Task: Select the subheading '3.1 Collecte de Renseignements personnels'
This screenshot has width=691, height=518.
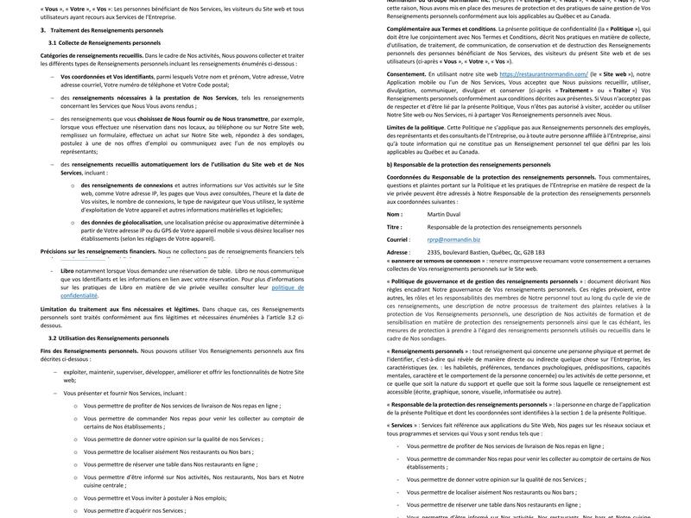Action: [104, 42]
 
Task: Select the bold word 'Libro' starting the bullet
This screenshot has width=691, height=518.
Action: [67, 270]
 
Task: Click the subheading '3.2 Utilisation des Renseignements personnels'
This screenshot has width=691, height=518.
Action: [109, 338]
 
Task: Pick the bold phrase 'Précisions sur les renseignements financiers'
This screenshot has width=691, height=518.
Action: [98, 251]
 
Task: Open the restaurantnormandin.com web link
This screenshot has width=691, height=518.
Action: [543, 74]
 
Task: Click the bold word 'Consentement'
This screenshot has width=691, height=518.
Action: [406, 74]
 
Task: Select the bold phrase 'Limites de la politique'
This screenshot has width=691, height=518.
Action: [415, 128]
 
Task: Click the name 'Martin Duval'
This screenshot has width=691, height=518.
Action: [444, 214]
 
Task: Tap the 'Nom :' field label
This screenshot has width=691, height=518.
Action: [394, 214]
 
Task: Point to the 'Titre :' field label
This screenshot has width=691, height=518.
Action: [395, 227]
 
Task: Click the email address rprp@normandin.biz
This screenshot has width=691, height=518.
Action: [455, 240]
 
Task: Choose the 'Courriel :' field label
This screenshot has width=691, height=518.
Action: [398, 240]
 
